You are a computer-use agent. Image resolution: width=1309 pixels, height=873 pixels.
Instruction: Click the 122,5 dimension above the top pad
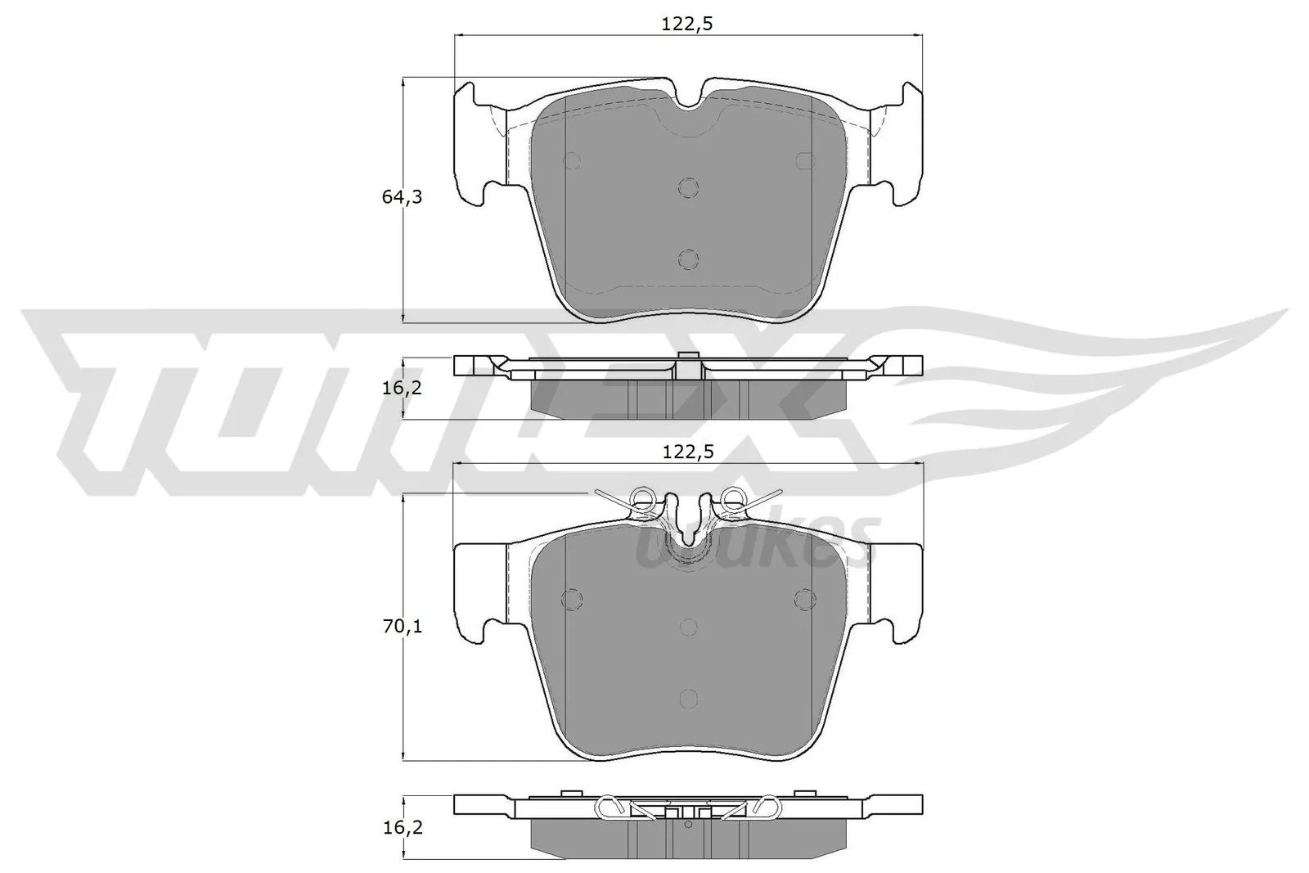tap(687, 24)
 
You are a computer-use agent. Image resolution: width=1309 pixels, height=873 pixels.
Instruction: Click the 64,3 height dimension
tap(402, 197)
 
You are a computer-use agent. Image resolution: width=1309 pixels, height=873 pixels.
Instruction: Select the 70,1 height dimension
tap(402, 627)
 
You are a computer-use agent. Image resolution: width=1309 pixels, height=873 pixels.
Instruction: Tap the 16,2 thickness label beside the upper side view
tap(402, 388)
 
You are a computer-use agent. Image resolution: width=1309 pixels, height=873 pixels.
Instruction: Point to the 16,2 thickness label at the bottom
tap(402, 827)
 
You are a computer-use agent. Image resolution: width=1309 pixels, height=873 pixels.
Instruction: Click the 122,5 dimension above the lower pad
tap(687, 451)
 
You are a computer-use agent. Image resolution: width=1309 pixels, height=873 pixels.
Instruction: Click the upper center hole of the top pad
tap(689, 187)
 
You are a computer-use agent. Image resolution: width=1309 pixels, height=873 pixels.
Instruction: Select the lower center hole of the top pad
tap(689, 259)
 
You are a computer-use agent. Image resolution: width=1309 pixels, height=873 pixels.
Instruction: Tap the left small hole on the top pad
tap(573, 160)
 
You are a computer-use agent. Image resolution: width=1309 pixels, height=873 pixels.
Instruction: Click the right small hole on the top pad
tap(805, 160)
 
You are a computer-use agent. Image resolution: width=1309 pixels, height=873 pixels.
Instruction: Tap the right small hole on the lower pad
tap(805, 599)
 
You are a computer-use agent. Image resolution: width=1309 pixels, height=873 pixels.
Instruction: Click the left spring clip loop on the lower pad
tap(643, 497)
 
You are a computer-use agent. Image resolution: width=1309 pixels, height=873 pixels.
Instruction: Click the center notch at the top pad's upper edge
tap(690, 100)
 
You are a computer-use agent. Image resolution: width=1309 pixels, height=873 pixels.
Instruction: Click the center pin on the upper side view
tap(689, 365)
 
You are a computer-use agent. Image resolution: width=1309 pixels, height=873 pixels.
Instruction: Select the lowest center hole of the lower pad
tap(689, 697)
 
